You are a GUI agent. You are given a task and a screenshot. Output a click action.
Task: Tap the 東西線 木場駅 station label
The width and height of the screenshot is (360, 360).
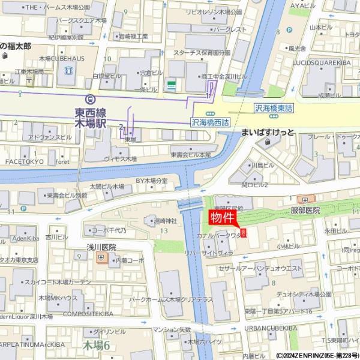point(91,118)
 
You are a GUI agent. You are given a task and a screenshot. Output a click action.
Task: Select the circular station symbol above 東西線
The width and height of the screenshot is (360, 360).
point(90,99)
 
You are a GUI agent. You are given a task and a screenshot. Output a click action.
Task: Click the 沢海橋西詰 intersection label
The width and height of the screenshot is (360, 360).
point(210,122)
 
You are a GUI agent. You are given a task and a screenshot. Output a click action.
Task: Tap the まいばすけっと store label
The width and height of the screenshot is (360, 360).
point(267,132)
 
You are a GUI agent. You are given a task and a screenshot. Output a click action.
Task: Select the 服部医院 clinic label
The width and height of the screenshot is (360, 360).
point(305,211)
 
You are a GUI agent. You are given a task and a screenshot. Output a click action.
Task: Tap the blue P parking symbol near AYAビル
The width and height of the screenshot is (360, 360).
point(289,28)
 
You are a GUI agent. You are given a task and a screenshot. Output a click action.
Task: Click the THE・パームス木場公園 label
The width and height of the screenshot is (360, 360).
point(57,7)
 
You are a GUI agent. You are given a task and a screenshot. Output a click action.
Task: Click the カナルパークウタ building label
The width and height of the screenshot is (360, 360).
point(220,236)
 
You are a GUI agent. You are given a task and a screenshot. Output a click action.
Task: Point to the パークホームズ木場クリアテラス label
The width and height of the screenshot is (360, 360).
point(171,299)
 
